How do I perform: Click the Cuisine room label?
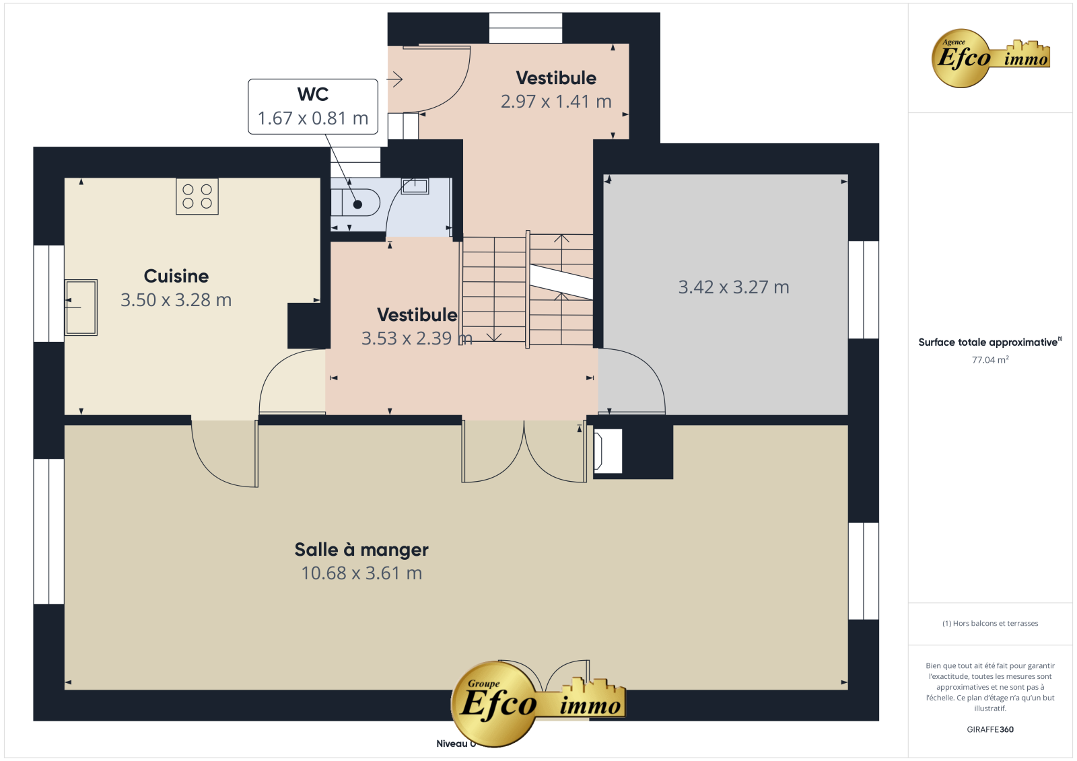(176, 277)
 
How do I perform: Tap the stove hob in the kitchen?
(197, 196)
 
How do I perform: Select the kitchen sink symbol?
(81, 307)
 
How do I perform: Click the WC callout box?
(313, 107)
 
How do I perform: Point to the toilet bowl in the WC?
(355, 203)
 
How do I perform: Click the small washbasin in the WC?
(415, 186)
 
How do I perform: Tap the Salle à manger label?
(361, 550)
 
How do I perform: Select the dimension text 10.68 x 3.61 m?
(361, 573)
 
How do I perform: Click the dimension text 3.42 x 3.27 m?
(734, 287)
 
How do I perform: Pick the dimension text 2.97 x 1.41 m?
(556, 102)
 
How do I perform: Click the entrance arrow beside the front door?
(394, 79)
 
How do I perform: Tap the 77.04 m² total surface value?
(990, 359)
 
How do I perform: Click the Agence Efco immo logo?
(990, 58)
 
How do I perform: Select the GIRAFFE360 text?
(990, 729)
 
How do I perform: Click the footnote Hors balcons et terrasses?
(990, 624)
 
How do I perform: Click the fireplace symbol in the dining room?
(608, 451)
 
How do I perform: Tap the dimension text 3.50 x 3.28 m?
(176, 300)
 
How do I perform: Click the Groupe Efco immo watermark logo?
(538, 704)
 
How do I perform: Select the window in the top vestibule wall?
(526, 28)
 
